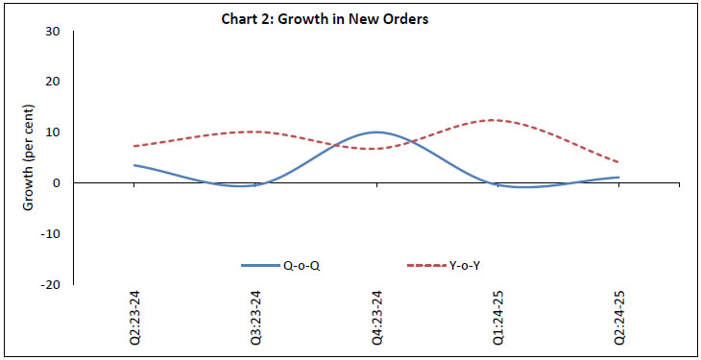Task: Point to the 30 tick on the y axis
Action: pos(53,31)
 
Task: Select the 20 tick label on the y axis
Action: pos(53,82)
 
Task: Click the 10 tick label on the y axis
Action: pos(53,132)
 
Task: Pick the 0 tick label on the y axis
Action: pos(57,183)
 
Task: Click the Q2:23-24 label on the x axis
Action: pos(133,319)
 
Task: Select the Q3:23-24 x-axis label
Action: pos(254,319)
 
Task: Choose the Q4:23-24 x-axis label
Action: pos(375,319)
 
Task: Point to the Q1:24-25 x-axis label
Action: pos(496,319)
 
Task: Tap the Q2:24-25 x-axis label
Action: pos(617,319)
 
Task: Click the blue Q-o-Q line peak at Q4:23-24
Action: pos(375,132)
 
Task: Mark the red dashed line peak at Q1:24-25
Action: pos(494,120)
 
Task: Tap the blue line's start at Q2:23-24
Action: pos(133,165)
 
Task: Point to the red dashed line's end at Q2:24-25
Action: pos(617,162)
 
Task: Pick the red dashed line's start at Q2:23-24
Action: pos(133,146)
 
